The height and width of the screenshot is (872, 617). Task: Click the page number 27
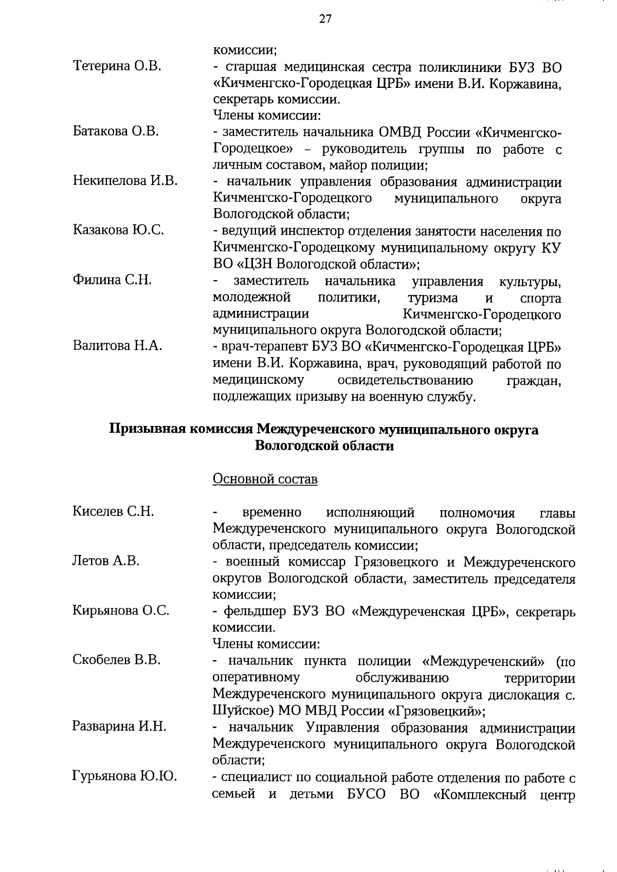tap(325, 19)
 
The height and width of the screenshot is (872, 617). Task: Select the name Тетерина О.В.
tap(117, 66)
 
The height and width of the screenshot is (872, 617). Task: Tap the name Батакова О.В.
tap(116, 131)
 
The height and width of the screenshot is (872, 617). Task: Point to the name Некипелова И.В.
tap(125, 180)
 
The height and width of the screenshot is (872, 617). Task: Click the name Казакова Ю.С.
tap(118, 230)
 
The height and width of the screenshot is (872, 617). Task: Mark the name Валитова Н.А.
tap(117, 346)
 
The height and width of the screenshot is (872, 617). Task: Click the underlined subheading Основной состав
tap(265, 479)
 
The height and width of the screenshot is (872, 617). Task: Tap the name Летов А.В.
tap(106, 561)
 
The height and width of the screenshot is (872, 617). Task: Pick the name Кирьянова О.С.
tap(121, 610)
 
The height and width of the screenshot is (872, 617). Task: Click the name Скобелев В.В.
tap(117, 660)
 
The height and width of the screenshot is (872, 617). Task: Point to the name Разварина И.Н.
tap(119, 727)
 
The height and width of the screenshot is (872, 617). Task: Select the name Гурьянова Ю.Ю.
tap(125, 776)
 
